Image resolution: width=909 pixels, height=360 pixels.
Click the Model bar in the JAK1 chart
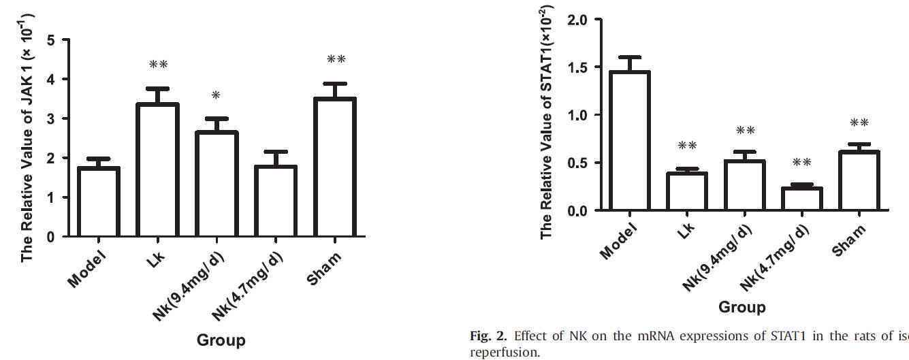(99, 202)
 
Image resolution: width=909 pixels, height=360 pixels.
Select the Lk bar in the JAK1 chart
(158, 170)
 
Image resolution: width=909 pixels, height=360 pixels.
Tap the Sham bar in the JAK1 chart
(336, 167)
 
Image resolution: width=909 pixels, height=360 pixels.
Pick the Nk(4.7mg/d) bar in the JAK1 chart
(276, 201)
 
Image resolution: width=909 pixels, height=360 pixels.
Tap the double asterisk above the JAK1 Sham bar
(336, 60)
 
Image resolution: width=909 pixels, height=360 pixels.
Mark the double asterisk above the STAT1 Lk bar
(687, 146)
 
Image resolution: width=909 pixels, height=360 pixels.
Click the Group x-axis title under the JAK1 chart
(221, 340)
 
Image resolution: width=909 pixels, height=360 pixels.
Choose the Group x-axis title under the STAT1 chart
(741, 307)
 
